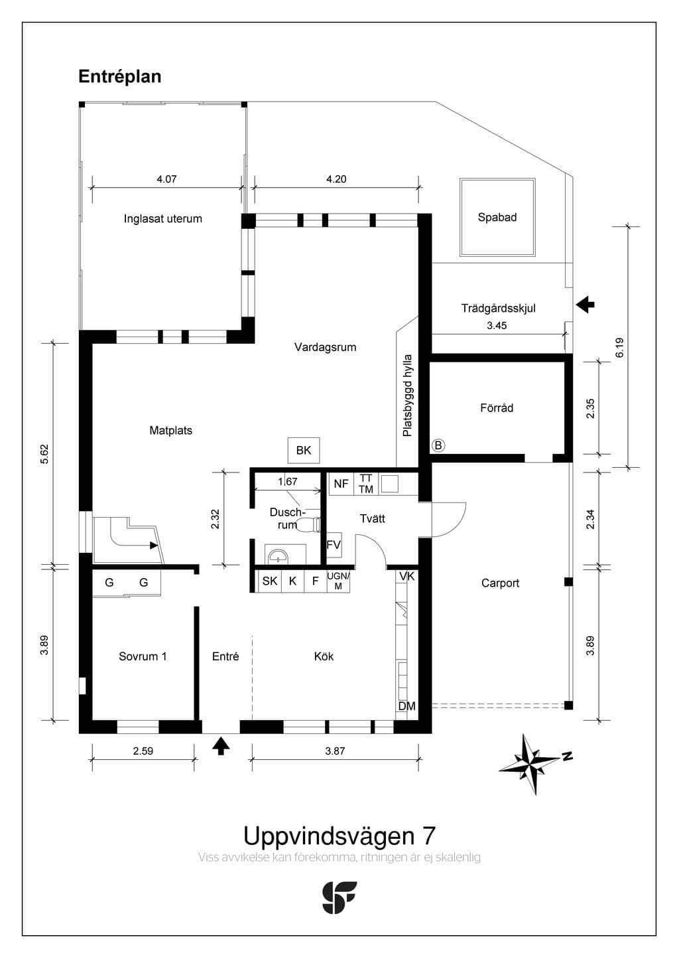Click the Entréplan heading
[x=119, y=77]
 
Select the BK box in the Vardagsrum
[x=304, y=451]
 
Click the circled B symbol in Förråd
[x=438, y=446]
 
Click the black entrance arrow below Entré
[x=221, y=745]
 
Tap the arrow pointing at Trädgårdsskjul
[x=585, y=305]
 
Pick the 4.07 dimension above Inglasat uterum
[x=166, y=179]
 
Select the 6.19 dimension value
[x=620, y=348]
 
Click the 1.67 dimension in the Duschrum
[x=287, y=481]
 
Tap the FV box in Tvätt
[x=334, y=544]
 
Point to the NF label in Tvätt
[x=341, y=484]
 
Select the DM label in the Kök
[x=406, y=706]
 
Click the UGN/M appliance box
[x=338, y=581]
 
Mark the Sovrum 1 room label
[x=143, y=656]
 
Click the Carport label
[x=500, y=583]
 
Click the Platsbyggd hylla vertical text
[x=407, y=396]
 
